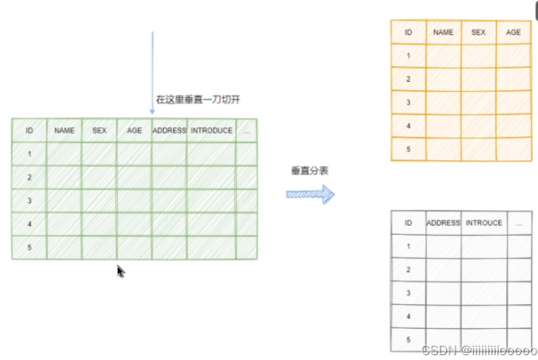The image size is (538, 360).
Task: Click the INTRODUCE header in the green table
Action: click(x=211, y=131)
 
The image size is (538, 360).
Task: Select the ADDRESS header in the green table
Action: click(x=169, y=131)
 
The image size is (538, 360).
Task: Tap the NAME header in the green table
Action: click(x=64, y=131)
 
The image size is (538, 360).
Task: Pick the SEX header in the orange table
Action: click(x=479, y=32)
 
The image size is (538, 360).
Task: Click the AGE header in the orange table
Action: click(x=513, y=32)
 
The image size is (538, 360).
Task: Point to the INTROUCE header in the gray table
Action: click(x=484, y=223)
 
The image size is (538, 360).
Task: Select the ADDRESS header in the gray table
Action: click(x=443, y=223)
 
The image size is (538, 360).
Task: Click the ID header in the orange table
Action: click(x=408, y=32)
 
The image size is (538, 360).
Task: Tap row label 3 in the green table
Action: click(x=30, y=201)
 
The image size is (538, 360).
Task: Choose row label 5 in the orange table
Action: click(x=408, y=149)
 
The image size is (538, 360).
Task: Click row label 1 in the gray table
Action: click(x=408, y=246)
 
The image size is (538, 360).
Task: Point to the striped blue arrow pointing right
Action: click(x=310, y=194)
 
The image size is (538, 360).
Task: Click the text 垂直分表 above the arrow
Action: click(x=310, y=171)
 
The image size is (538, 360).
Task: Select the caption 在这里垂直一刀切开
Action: click(x=198, y=100)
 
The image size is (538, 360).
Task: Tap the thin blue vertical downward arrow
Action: click(x=153, y=71)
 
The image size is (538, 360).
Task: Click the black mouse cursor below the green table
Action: click(x=120, y=271)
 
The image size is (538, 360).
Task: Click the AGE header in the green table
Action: click(x=134, y=131)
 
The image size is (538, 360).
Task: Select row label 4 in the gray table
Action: click(x=408, y=316)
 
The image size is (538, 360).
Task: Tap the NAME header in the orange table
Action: click(x=443, y=32)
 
